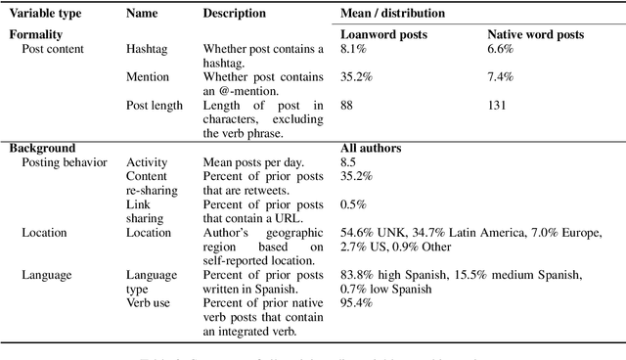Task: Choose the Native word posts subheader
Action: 536,34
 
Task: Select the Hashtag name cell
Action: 148,48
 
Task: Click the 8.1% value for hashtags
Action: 352,48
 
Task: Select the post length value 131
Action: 497,105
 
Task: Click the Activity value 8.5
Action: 349,162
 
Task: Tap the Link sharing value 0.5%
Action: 352,204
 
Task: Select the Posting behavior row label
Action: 64,162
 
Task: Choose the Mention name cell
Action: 148,76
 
